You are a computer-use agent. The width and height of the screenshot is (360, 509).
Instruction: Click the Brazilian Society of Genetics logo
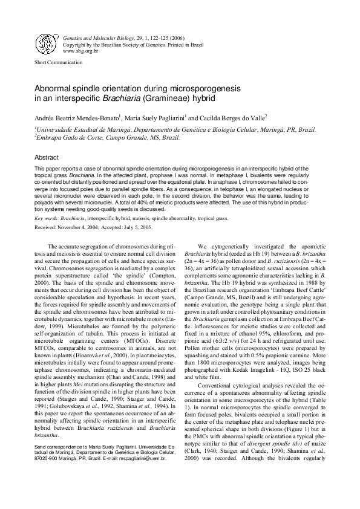click(x=46, y=43)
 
